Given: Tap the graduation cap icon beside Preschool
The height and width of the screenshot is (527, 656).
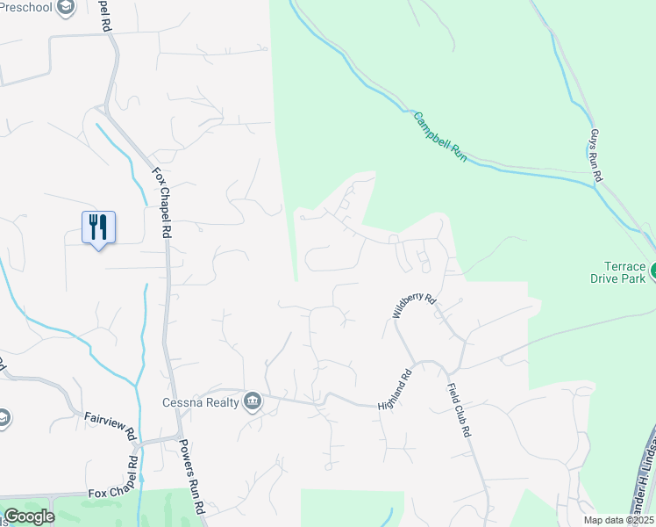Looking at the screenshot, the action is [65, 8].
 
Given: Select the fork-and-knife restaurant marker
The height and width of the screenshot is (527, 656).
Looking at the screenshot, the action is [97, 227].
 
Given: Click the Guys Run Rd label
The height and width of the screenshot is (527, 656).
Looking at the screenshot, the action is [595, 156].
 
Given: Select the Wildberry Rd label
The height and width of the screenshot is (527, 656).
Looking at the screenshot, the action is [414, 306].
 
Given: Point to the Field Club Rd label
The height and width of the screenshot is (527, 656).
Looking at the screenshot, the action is [460, 410].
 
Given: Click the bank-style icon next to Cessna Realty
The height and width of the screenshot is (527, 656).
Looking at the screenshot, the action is [253, 401].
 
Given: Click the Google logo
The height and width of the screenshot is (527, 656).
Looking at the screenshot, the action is [29, 516].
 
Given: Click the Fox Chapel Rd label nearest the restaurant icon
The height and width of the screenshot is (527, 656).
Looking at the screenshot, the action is [160, 203].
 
